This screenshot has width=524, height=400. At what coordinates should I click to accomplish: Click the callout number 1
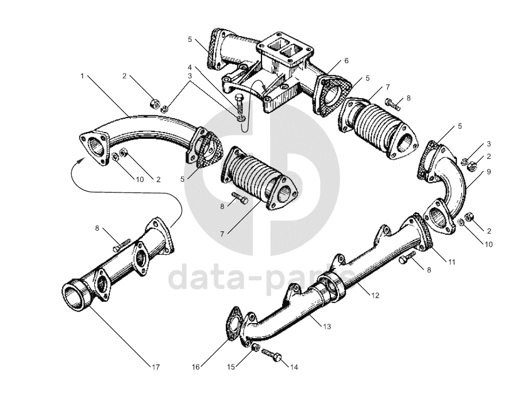point(83,76)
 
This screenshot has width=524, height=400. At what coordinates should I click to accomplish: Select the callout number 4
point(189,68)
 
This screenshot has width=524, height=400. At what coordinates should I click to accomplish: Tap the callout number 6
point(346,60)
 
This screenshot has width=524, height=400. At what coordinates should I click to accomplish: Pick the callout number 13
point(326,327)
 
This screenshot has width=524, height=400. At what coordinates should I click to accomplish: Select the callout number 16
point(195,366)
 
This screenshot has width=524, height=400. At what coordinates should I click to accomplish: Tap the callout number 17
point(155,366)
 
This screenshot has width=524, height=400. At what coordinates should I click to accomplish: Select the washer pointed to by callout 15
point(256,348)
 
